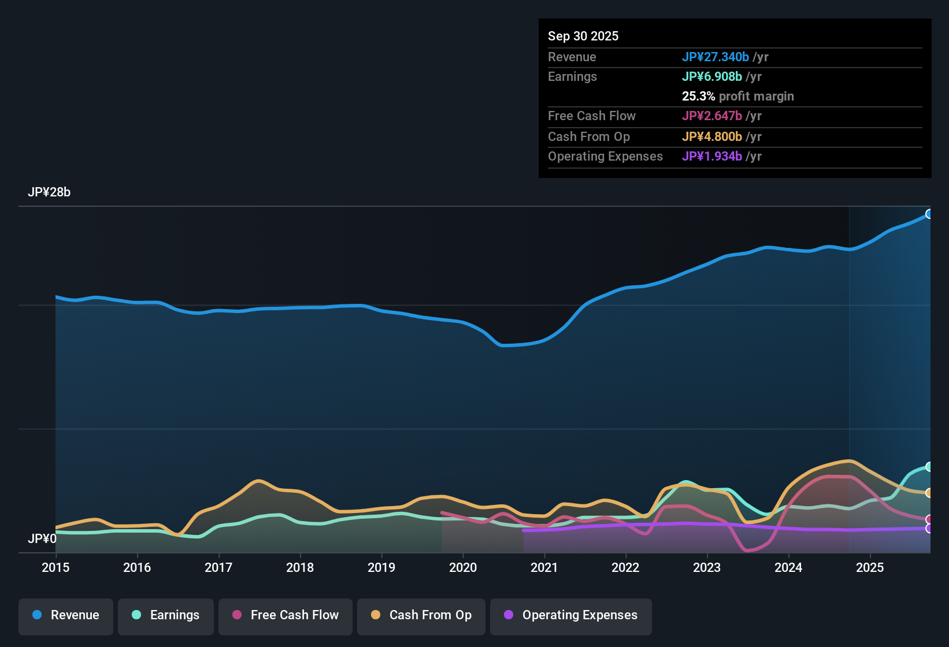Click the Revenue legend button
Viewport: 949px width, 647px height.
pos(66,615)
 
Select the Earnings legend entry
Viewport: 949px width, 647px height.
pos(166,615)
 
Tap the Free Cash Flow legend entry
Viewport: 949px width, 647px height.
pos(286,615)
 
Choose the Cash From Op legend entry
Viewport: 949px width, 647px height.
pos(421,615)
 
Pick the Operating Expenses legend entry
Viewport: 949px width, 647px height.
pos(571,615)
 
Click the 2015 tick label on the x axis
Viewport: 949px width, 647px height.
pos(55,567)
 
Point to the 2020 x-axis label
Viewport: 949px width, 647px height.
pos(463,567)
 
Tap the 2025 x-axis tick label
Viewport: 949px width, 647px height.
pos(870,567)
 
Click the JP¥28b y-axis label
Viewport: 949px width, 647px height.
pos(49,192)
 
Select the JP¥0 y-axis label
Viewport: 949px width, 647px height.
pos(42,539)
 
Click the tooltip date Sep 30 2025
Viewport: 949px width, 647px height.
pos(583,36)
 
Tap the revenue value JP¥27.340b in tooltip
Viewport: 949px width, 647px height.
pos(716,57)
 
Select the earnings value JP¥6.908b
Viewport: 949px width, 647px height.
pos(712,77)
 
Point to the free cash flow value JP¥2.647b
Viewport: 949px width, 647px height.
pos(712,116)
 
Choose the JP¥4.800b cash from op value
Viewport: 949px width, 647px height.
pos(712,137)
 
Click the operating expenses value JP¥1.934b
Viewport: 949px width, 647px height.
pos(712,157)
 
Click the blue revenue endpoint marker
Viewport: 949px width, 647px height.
pos(929,214)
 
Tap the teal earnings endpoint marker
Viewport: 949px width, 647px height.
pos(929,467)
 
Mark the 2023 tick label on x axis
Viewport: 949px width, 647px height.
pos(707,567)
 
